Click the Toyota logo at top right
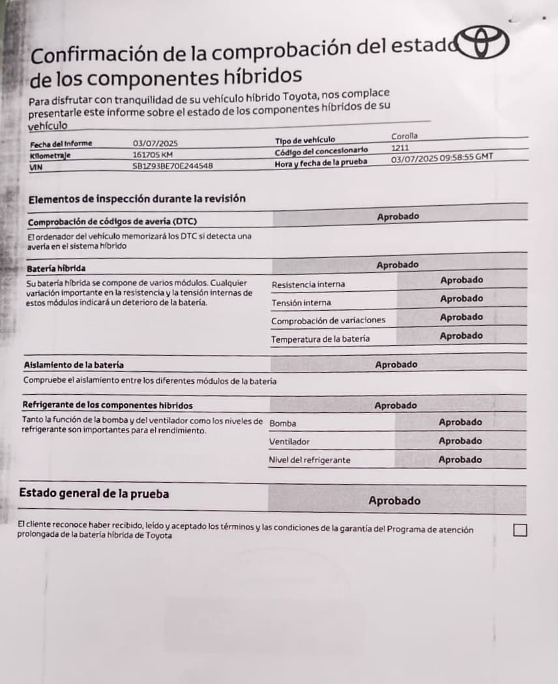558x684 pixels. [x=484, y=43]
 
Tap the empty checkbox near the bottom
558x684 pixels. [x=520, y=530]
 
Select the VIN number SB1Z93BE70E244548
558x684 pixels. [x=173, y=166]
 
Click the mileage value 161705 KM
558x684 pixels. [x=153, y=155]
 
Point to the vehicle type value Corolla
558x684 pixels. [x=404, y=136]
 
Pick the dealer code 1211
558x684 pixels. [x=400, y=148]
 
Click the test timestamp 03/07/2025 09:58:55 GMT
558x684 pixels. [x=442, y=158]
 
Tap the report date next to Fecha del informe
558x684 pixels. [x=155, y=143]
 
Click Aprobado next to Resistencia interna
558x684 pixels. [x=462, y=280]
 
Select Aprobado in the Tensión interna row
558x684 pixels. [x=462, y=299]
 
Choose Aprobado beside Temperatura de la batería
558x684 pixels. [x=461, y=336]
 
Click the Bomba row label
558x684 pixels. [x=282, y=423]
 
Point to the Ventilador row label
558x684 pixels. [x=289, y=442]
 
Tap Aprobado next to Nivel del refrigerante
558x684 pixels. [x=460, y=460]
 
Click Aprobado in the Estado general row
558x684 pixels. [x=394, y=501]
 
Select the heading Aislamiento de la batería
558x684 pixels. [x=74, y=365]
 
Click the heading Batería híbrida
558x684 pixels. [x=56, y=268]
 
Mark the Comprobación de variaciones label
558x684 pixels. [x=328, y=321]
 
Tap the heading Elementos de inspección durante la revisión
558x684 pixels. [x=137, y=199]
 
